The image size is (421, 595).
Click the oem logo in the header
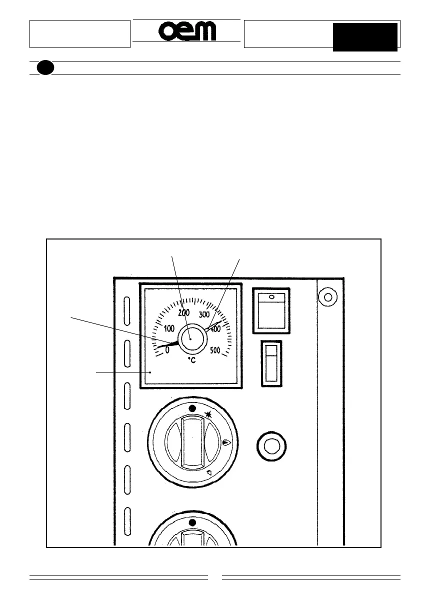pyautogui.click(x=187, y=32)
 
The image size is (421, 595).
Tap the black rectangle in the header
pyautogui.click(x=365, y=37)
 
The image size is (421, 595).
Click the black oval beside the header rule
pyautogui.click(x=45, y=67)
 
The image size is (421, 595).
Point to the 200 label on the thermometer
pyautogui.click(x=183, y=312)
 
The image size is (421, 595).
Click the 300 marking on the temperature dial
pyautogui.click(x=204, y=315)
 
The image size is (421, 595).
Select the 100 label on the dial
pyautogui.click(x=168, y=329)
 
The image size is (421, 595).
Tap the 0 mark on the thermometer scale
pyautogui.click(x=167, y=350)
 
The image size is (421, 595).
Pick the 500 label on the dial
pyautogui.click(x=215, y=350)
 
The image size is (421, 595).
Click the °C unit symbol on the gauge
pyautogui.click(x=191, y=359)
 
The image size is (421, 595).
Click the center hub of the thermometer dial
pyautogui.click(x=190, y=338)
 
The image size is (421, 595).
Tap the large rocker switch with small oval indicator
pyautogui.click(x=271, y=310)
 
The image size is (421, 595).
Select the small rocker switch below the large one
pyautogui.click(x=271, y=363)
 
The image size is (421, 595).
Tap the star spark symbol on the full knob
pyautogui.click(x=208, y=414)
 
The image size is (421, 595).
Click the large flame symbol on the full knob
pyautogui.click(x=226, y=442)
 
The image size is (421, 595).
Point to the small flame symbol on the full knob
pyautogui.click(x=208, y=472)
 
